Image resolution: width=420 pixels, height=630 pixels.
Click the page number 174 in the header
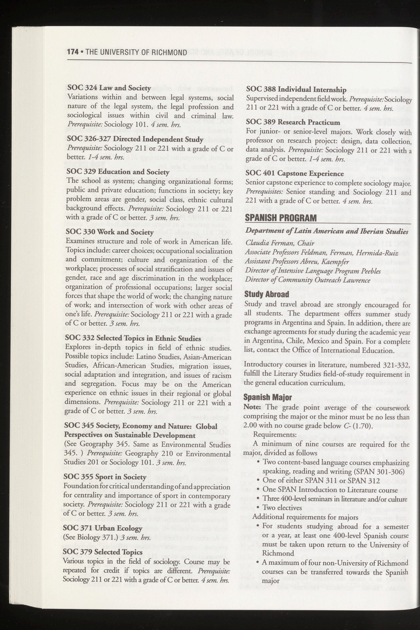(x=73, y=52)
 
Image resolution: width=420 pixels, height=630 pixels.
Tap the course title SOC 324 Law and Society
(x=109, y=88)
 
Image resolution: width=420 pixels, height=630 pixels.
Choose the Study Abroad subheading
(x=267, y=294)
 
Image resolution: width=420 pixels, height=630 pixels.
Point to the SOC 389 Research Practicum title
(x=293, y=122)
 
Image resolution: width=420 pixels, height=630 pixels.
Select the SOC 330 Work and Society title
(x=109, y=232)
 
